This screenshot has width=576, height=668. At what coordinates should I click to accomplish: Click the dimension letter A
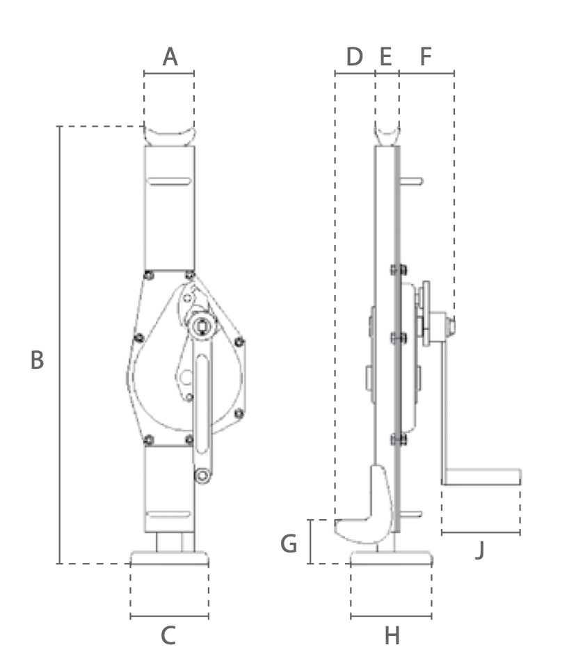[170, 56]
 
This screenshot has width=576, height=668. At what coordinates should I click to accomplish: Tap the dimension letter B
[37, 360]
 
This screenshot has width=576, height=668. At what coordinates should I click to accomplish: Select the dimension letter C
[168, 635]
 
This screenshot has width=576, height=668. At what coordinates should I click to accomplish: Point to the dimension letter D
[354, 56]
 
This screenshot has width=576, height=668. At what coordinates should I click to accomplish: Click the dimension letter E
[385, 56]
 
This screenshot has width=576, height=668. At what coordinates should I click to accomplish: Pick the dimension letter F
[426, 56]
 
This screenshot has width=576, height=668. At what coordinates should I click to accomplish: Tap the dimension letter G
[289, 544]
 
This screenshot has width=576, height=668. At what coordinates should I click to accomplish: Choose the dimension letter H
[392, 636]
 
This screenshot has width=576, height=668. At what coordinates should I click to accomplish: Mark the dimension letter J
[480, 550]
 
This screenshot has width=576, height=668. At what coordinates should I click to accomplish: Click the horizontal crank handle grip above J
[482, 477]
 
